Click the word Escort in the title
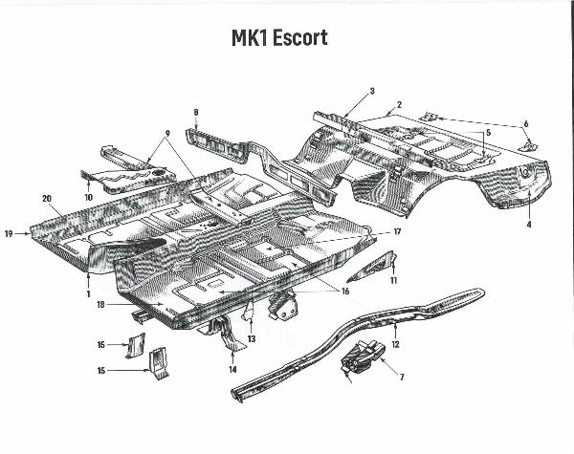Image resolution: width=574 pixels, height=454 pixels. [x=300, y=38]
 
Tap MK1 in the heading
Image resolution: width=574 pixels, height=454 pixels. [x=252, y=38]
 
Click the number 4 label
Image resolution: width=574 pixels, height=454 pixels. [x=529, y=225]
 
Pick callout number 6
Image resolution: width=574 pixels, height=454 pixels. [x=524, y=124]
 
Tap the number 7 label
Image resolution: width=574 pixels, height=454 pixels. [x=402, y=377]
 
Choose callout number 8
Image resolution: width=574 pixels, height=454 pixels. [x=195, y=113]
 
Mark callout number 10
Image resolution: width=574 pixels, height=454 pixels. [x=88, y=197]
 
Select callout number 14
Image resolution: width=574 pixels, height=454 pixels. [x=231, y=369]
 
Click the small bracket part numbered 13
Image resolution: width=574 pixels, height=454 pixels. [x=246, y=313]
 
